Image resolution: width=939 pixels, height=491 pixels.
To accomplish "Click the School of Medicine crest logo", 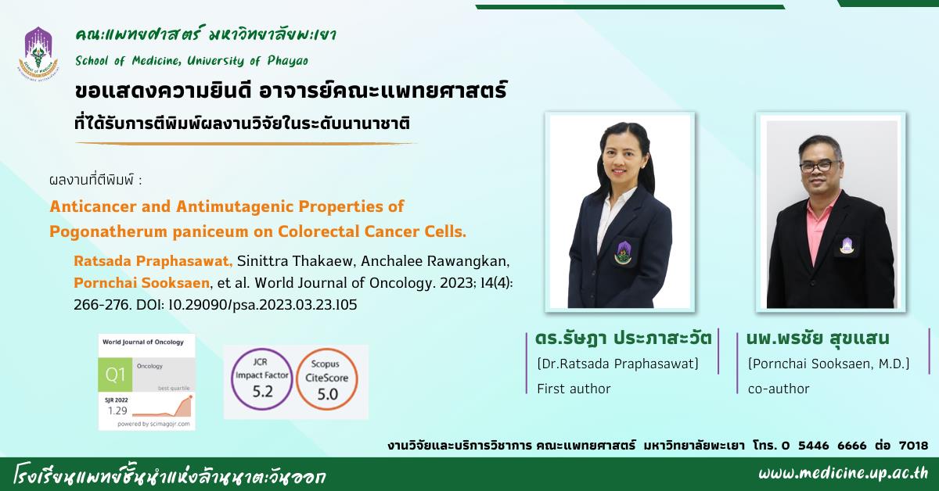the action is click(38, 53).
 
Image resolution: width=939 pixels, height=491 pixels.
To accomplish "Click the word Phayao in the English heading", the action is click(288, 61).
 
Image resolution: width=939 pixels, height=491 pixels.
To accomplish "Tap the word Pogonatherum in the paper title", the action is click(108, 231).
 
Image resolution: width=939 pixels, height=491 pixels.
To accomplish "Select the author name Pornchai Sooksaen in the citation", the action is click(142, 283).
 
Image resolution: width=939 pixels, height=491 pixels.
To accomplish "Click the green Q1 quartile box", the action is click(115, 375).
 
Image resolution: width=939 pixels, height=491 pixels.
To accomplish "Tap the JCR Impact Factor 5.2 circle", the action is click(262, 379).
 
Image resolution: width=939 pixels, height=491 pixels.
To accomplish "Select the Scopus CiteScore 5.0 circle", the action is click(327, 379).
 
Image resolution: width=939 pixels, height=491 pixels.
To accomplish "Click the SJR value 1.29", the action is click(117, 410).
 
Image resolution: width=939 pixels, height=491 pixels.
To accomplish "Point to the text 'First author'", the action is click(574, 389).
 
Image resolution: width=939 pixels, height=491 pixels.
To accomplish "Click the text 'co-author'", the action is click(779, 389).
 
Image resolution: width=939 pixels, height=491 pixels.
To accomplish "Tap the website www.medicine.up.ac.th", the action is click(843, 473).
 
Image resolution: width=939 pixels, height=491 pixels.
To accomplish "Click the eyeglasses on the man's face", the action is click(820, 167).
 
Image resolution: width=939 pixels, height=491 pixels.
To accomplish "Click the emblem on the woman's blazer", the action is click(623, 253).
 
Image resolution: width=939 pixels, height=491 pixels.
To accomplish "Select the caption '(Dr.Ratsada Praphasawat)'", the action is click(617, 364).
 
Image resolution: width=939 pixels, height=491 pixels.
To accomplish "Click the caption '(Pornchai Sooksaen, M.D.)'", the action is click(829, 364).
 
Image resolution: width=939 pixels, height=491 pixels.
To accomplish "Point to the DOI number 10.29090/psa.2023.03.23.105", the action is click(263, 305).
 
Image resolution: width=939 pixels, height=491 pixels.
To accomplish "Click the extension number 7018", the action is click(913, 445).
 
